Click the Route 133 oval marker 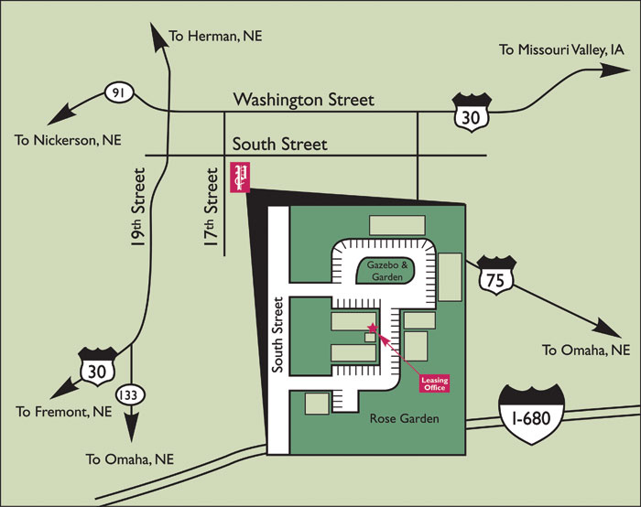[129, 394]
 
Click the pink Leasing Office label [433, 383]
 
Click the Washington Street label [303, 100]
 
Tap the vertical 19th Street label [139, 210]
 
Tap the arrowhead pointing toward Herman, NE [157, 33]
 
